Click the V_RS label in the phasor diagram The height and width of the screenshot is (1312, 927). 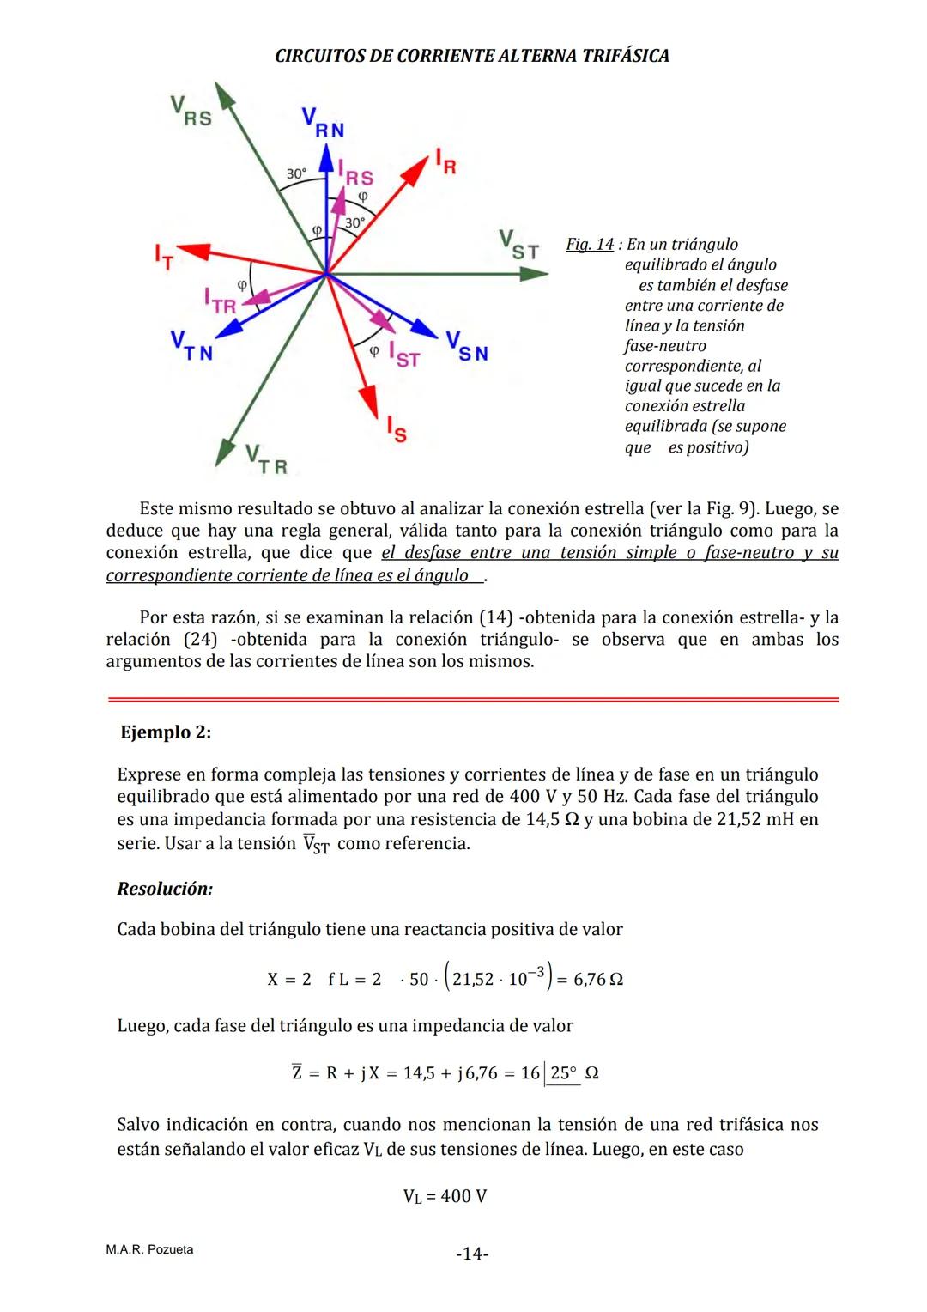[190, 111]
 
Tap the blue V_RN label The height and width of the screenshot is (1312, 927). [323, 123]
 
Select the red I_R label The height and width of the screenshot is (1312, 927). [445, 161]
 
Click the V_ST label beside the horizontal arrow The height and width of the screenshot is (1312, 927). [518, 245]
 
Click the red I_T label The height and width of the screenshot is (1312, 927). [163, 257]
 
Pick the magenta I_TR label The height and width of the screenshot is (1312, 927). [220, 301]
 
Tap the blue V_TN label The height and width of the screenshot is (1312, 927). [191, 346]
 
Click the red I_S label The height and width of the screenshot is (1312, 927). [395, 429]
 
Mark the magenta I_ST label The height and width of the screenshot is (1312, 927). [403, 354]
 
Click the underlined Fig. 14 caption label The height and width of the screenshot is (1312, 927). [590, 245]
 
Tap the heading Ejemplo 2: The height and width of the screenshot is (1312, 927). [166, 732]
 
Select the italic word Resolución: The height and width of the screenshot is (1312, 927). [165, 889]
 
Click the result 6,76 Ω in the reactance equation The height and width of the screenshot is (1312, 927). [597, 980]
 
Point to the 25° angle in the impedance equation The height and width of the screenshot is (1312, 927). [563, 1073]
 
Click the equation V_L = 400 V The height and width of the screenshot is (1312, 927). [445, 1196]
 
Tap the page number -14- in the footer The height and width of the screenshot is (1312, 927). [471, 1254]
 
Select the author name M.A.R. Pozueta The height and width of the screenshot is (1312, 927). [149, 1249]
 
